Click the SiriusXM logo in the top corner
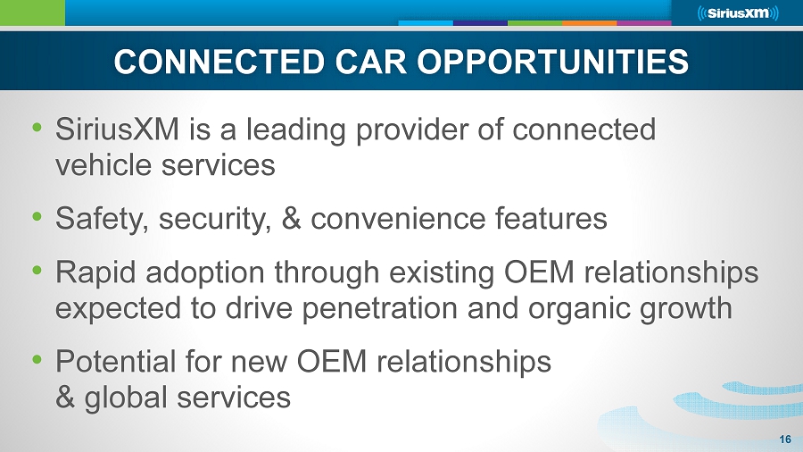(738, 13)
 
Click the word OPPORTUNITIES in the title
(552, 62)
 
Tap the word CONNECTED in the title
(219, 62)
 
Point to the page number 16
(785, 439)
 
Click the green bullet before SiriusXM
(37, 127)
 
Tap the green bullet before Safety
(37, 217)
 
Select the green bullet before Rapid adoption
(37, 270)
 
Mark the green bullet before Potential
(37, 359)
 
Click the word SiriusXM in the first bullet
(117, 129)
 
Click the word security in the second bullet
(215, 219)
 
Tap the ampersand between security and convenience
(292, 219)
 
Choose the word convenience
(397, 219)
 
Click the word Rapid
(95, 272)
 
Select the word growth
(685, 308)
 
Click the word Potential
(116, 361)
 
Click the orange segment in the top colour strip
(590, 23)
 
